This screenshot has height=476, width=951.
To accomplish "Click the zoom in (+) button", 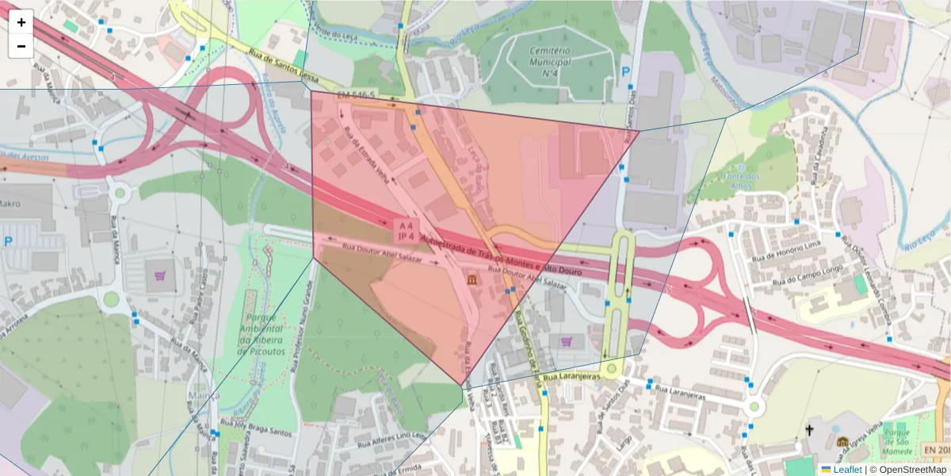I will pyautogui.click(x=21, y=22).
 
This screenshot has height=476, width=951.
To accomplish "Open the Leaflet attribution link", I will pyautogui.click(x=846, y=469).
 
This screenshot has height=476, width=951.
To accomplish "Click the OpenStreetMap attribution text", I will pyautogui.click(x=912, y=469).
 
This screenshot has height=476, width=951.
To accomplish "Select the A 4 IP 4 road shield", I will pyautogui.click(x=406, y=231).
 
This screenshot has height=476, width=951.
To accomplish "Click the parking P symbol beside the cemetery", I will pyautogui.click(x=625, y=72).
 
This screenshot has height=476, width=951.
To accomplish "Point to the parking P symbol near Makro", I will pyautogui.click(x=8, y=241).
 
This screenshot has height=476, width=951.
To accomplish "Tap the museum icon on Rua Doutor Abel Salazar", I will pyautogui.click(x=472, y=281).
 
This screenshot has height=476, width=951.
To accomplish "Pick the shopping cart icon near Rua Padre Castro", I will pyautogui.click(x=161, y=276).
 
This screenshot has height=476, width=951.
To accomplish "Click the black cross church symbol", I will pyautogui.click(x=809, y=430).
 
